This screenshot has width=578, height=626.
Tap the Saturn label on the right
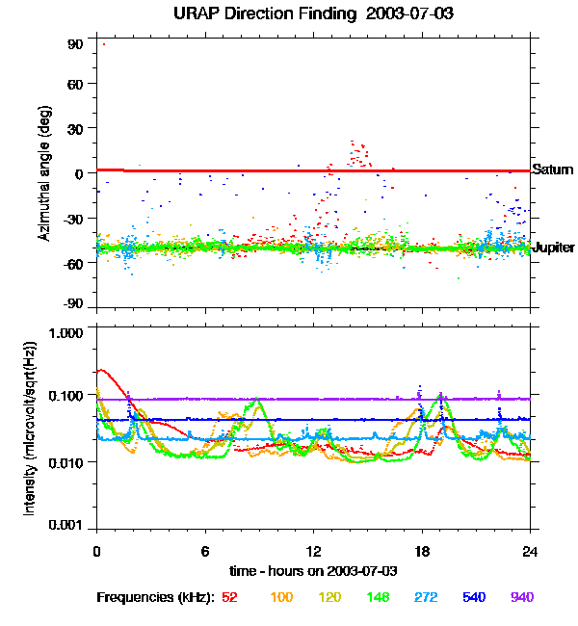point(553,170)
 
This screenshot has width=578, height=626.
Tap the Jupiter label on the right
point(554,247)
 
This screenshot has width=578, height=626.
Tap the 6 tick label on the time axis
point(205,551)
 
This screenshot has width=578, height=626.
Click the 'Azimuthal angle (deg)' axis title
point(43,173)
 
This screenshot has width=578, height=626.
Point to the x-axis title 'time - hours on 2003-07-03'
point(314,571)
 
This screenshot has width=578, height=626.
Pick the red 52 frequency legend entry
point(229,597)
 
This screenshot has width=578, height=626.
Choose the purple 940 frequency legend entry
point(521,597)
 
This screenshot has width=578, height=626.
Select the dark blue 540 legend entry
point(473,597)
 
